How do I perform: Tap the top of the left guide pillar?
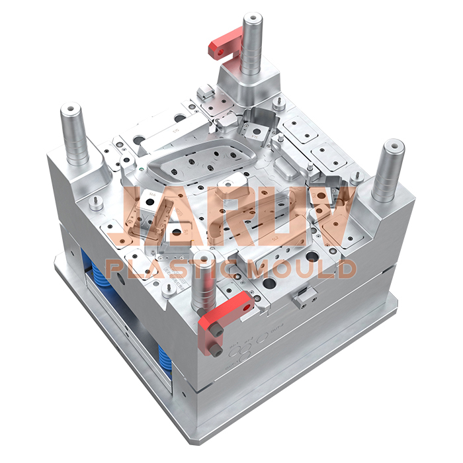(x=71, y=108)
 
